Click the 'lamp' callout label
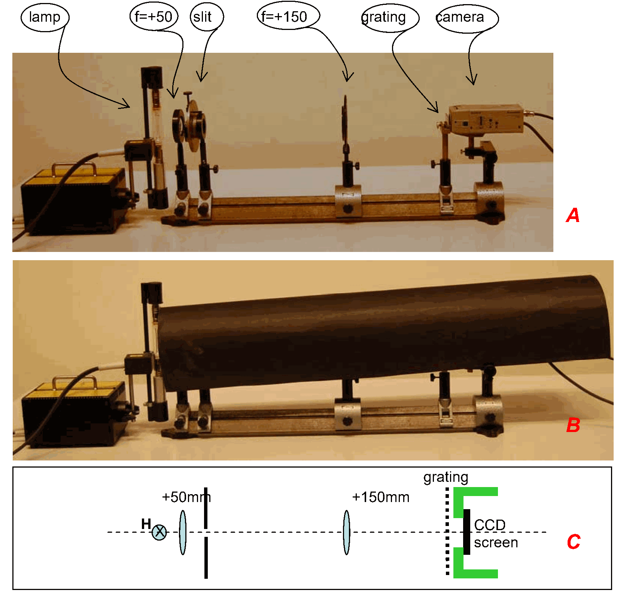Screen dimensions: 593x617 coord(45,17)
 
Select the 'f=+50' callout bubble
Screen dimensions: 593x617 coord(154,17)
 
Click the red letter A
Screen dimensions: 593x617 coord(573,215)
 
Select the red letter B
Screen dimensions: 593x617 coord(573,425)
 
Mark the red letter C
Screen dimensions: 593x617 coord(574,542)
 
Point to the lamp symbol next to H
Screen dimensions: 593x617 coord(159,532)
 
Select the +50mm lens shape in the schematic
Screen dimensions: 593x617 coord(183,532)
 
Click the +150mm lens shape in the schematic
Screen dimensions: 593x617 coord(347,532)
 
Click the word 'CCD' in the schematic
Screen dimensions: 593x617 coord(490,525)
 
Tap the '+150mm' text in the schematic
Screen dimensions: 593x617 coord(381,497)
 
